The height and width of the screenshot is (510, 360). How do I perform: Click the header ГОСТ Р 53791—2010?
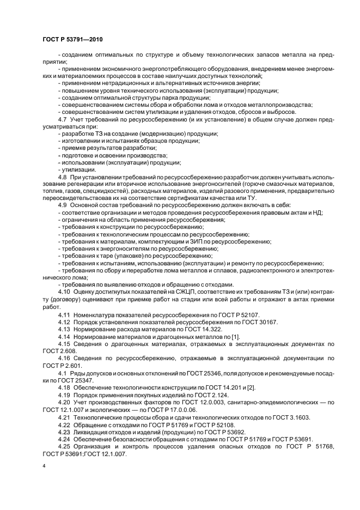point(72,40)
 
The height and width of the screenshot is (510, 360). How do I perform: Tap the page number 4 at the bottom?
point(44,467)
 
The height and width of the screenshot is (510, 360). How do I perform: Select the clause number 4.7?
point(62,119)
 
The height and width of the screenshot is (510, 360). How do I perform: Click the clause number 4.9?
point(62,205)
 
